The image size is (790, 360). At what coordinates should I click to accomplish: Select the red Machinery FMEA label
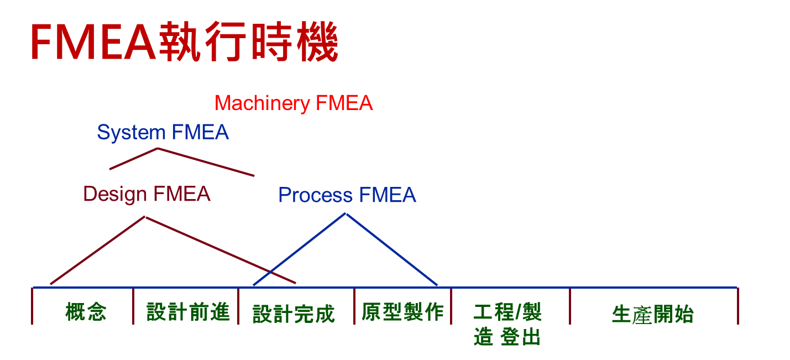point(294,103)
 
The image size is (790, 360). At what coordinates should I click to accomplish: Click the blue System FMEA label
point(163,133)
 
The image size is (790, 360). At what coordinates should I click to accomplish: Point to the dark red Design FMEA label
point(147,195)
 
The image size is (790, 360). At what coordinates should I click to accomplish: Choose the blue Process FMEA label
point(347,195)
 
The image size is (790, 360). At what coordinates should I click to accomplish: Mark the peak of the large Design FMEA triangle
point(145,217)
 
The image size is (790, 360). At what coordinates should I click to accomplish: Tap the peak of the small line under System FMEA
point(158,148)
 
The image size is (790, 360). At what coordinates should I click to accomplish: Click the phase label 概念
point(85,312)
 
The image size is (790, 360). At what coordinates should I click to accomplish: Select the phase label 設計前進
point(188,312)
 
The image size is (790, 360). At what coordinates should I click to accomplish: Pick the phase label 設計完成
point(294,314)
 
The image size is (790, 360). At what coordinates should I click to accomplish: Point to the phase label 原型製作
point(402,312)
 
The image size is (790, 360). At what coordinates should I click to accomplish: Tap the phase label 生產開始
point(652,314)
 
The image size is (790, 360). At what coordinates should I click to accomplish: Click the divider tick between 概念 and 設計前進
point(133,306)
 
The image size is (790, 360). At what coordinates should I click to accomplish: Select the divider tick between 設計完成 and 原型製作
point(354,306)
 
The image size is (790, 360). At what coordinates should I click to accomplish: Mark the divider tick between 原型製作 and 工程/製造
point(451,306)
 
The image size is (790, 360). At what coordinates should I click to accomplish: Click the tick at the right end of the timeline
point(738,306)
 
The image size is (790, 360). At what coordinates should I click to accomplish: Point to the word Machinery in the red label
point(262,103)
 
